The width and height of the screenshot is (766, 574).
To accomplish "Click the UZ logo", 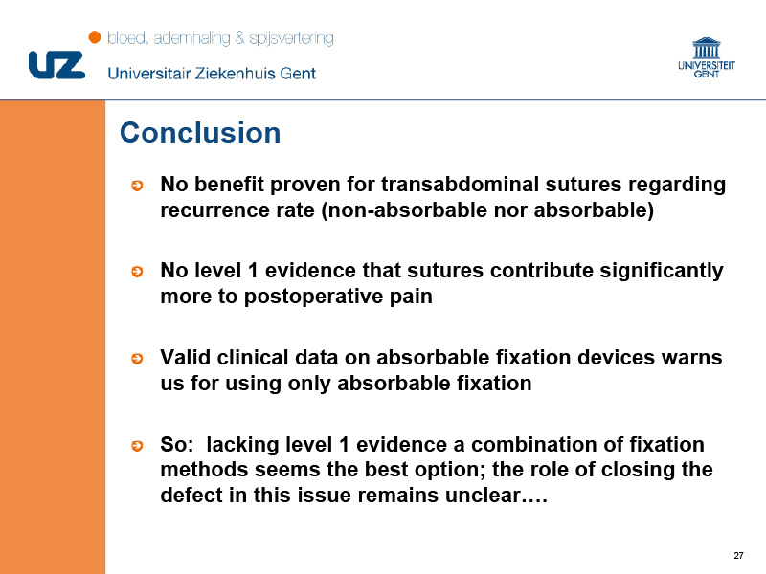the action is [56, 65].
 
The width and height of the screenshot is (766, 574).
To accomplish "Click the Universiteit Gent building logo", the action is [707, 57].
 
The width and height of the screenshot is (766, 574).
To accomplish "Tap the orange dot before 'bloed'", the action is [95, 37].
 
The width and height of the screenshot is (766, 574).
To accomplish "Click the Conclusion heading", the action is [200, 133].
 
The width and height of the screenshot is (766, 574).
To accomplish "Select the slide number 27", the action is [738, 556].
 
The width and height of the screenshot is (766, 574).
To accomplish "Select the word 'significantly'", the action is [662, 272].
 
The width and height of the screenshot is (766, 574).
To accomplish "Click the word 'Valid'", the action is [185, 357].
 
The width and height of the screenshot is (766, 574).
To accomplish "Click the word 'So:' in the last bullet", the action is [177, 445].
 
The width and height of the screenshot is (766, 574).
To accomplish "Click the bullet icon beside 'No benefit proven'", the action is [137, 186].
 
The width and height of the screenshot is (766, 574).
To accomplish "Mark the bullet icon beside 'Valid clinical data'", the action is [137, 359].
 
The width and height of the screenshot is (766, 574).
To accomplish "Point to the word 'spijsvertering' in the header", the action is [291, 38].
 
